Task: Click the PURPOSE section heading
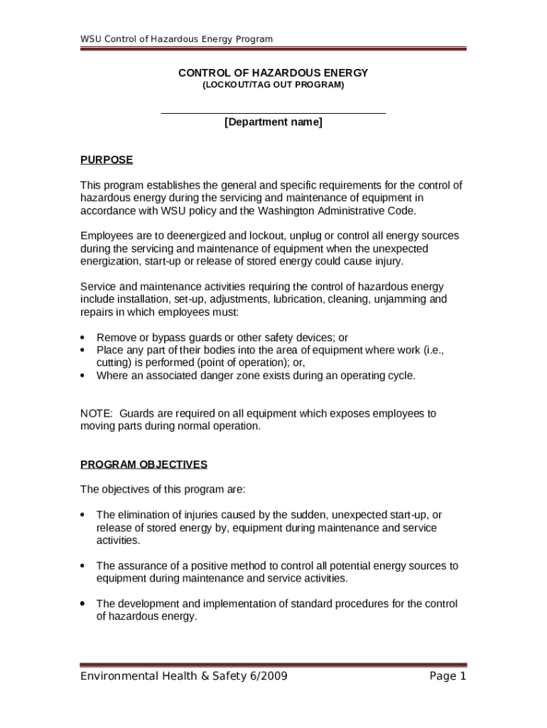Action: [x=107, y=160]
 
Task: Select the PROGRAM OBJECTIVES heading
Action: [x=143, y=465]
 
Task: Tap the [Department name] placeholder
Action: [x=273, y=122]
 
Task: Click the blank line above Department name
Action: [x=273, y=112]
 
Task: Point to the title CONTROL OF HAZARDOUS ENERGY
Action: [x=273, y=73]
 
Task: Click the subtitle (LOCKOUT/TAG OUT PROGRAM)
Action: [x=273, y=85]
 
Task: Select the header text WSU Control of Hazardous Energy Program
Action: [x=176, y=39]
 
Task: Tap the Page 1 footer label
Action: [x=448, y=676]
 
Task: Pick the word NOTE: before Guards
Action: [x=96, y=414]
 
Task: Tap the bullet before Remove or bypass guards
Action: [x=84, y=338]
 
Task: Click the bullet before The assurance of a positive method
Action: [x=84, y=567]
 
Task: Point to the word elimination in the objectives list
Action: [x=145, y=515]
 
